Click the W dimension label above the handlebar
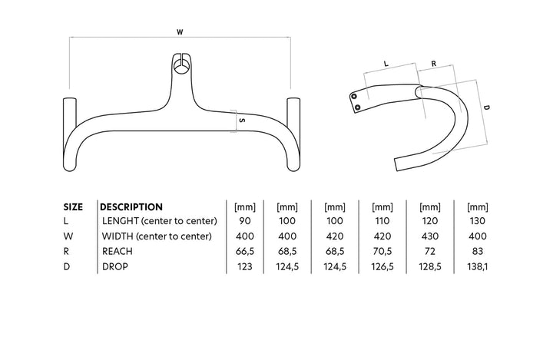[x=180, y=32]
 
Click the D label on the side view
[x=487, y=109]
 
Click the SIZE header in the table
[x=73, y=206]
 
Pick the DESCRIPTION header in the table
[x=132, y=206]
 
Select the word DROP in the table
[x=115, y=266]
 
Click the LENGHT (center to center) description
[x=160, y=222]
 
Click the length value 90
[x=243, y=222]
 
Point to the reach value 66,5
[x=243, y=251]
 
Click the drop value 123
[x=243, y=266]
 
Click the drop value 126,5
[x=382, y=266]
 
